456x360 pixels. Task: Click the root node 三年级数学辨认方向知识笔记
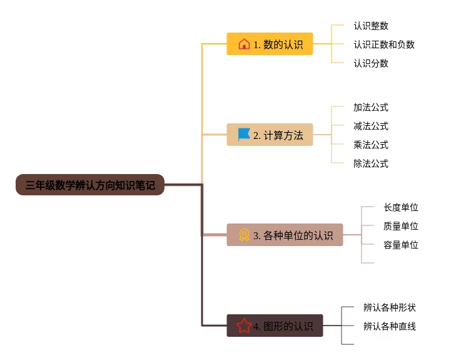90,185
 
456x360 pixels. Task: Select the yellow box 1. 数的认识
270,44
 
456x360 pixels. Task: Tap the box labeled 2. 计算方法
270,135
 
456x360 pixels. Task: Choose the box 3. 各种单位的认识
285,235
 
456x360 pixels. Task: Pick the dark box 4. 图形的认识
275,326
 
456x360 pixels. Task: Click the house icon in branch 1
244,44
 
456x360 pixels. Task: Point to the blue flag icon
244,135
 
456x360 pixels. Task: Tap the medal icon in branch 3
244,235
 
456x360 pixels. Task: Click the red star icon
244,326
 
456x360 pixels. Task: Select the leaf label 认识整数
370,26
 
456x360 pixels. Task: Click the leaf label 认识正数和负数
383,44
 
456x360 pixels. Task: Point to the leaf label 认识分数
370,63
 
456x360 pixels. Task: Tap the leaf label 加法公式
370,107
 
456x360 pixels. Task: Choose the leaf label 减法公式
370,126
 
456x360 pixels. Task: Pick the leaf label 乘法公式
370,145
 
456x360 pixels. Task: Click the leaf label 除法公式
370,163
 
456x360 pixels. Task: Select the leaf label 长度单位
400,207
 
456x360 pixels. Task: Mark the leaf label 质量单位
400,226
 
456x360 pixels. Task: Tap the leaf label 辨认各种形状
389,307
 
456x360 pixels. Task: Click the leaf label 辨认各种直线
389,326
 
